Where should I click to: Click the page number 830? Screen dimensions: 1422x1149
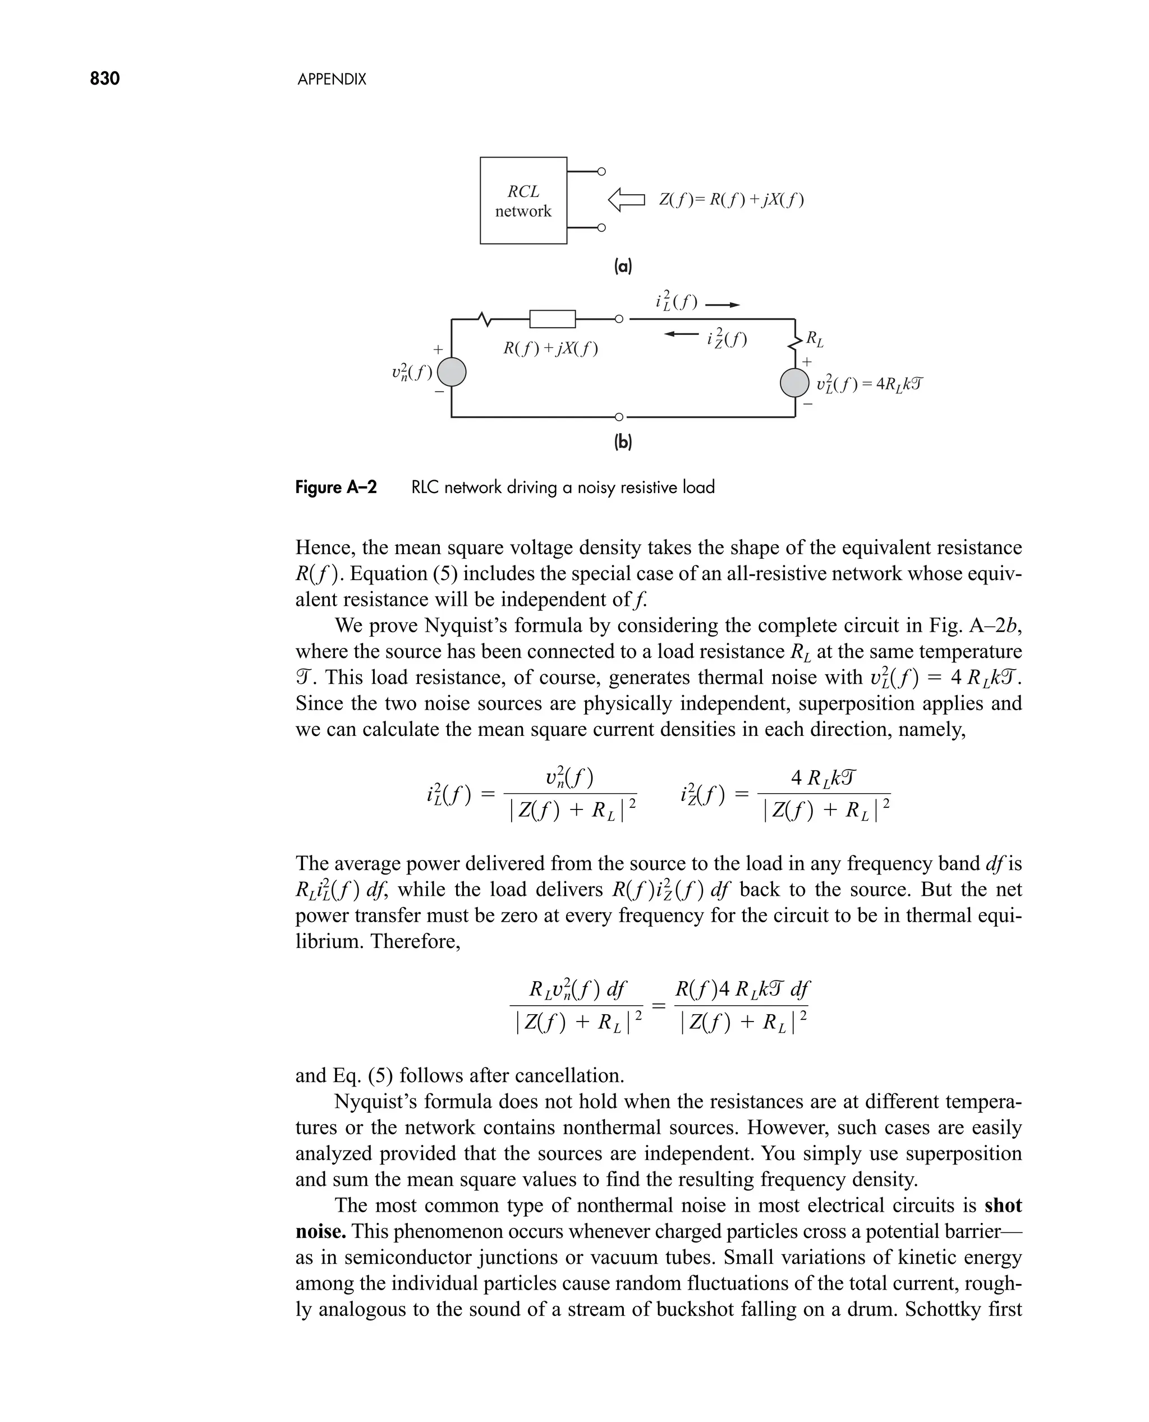pos(104,79)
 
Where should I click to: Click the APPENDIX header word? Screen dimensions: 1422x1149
pos(332,80)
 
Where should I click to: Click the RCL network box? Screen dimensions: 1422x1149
pos(523,200)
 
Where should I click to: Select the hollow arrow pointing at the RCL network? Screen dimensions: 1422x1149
pos(626,200)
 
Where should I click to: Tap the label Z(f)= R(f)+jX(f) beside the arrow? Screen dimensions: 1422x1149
pos(732,200)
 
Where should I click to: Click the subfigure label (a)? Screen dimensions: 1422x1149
pos(623,266)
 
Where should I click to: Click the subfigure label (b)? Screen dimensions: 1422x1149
pos(623,442)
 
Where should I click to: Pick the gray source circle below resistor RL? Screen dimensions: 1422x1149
pos(794,383)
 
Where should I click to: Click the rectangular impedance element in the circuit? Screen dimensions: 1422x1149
pos(552,319)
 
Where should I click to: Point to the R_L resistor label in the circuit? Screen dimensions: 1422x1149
pos(815,340)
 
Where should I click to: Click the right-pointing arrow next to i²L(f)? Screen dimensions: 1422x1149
pos(722,305)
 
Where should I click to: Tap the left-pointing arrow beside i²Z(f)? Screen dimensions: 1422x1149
pos(681,334)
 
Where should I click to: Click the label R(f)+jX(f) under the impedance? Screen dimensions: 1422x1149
pos(550,349)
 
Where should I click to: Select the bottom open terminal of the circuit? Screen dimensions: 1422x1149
pos(618,417)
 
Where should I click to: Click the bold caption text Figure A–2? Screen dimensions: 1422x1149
pos(335,487)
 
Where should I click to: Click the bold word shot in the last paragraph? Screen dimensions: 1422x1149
pos(1003,1205)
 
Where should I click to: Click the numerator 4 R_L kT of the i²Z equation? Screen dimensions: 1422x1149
pos(824,778)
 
